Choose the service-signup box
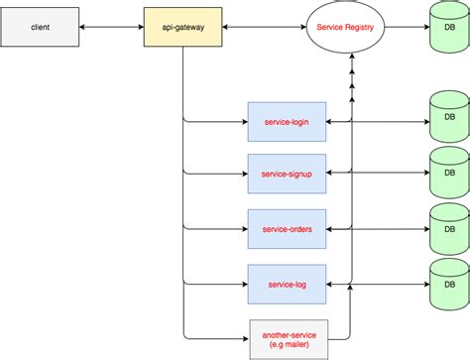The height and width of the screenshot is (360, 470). tap(286, 174)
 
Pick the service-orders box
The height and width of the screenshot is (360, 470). tap(286, 228)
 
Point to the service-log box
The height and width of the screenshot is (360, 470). tap(286, 284)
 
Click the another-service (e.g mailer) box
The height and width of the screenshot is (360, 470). tap(286, 339)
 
